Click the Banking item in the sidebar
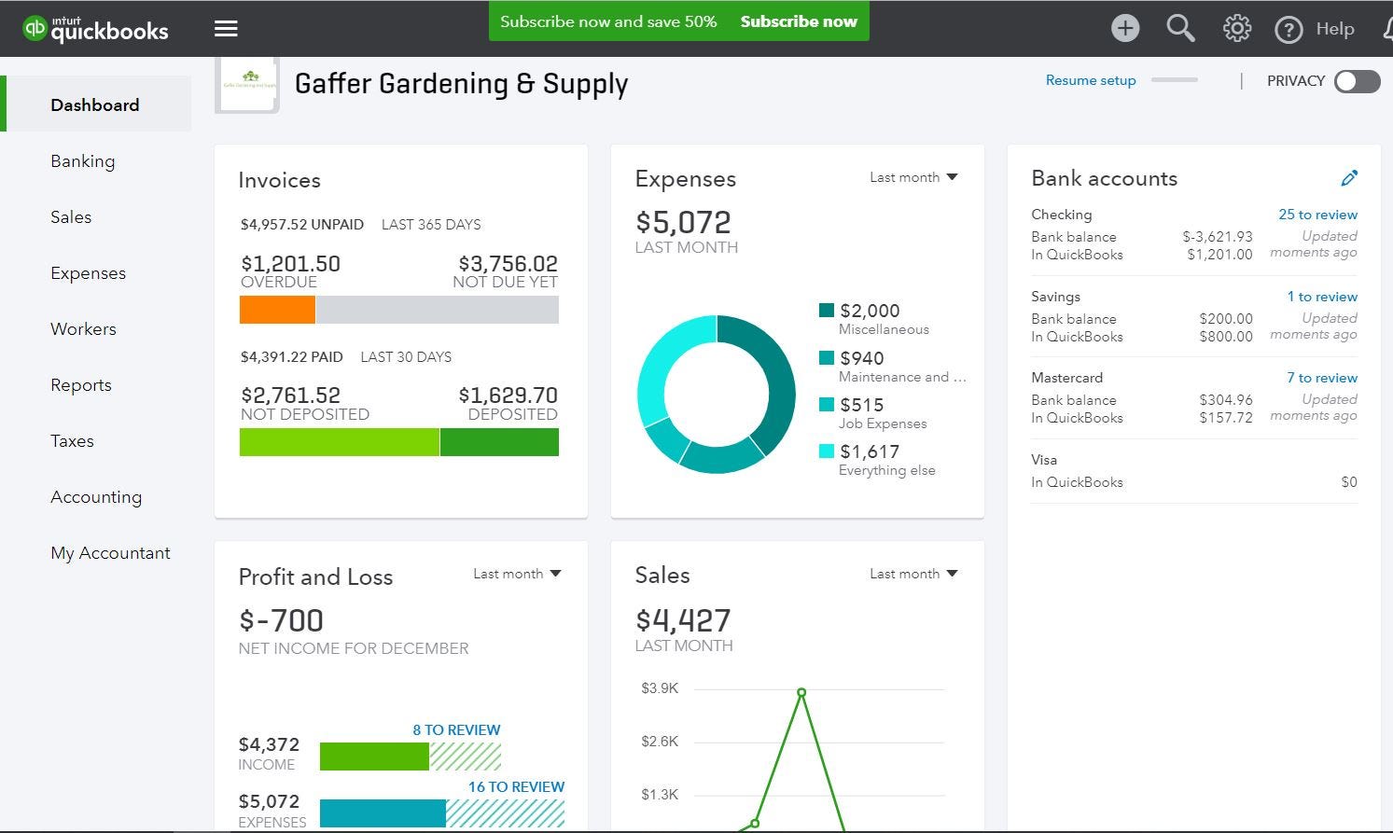[x=83, y=161]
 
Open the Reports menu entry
[x=81, y=385]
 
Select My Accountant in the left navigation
[x=110, y=553]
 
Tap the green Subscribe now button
[x=798, y=21]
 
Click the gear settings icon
[x=1236, y=28]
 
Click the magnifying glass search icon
[x=1180, y=28]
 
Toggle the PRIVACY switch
[x=1357, y=81]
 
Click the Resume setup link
[x=1090, y=80]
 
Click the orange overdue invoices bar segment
[x=277, y=310]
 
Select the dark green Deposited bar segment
[x=499, y=442]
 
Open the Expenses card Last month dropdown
[x=913, y=177]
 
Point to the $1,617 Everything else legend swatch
[x=826, y=451]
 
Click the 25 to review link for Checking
[x=1317, y=215]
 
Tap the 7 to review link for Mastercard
[x=1321, y=378]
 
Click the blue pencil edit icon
[x=1349, y=178]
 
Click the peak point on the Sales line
[x=801, y=692]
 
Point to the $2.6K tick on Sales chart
[x=660, y=742]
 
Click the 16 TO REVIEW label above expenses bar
[x=516, y=787]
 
